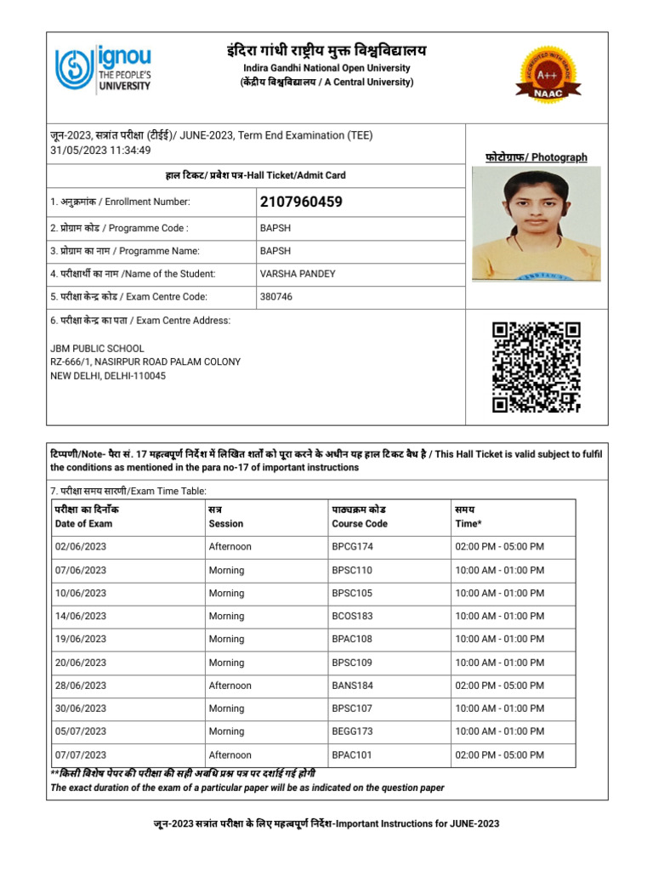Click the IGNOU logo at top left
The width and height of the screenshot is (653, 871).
pyautogui.click(x=103, y=68)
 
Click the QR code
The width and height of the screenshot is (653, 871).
pyautogui.click(x=537, y=367)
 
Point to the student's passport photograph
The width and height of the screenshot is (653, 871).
pyautogui.click(x=536, y=224)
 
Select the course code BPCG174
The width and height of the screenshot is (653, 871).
pyautogui.click(x=351, y=547)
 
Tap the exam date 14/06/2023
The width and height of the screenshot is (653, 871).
pyautogui.click(x=81, y=616)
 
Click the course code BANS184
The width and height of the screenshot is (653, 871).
pyautogui.click(x=351, y=686)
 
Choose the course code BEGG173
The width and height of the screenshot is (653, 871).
pyautogui.click(x=352, y=732)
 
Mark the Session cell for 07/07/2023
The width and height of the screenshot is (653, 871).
pyautogui.click(x=230, y=754)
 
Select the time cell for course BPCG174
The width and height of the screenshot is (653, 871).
pyautogui.click(x=500, y=547)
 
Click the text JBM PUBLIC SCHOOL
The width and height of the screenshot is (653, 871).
pyautogui.click(x=97, y=349)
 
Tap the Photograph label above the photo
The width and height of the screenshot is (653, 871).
pyautogui.click(x=536, y=157)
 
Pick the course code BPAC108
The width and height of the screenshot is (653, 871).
pyautogui.click(x=352, y=639)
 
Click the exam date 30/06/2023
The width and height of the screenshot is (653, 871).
pyautogui.click(x=81, y=709)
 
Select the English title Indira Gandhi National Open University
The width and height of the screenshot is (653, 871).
pyautogui.click(x=326, y=68)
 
